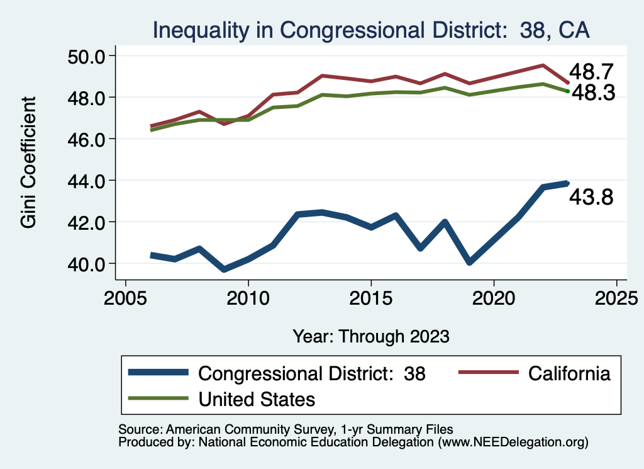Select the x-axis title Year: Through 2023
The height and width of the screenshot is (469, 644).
371,336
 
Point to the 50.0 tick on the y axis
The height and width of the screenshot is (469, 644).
85,56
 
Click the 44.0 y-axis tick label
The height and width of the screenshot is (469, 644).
85,181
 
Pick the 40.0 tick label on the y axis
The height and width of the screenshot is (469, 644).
85,263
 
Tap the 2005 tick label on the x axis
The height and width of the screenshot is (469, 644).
126,297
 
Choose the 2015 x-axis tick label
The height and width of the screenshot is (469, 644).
371,297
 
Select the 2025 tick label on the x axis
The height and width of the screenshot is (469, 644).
616,297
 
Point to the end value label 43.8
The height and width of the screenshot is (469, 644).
591,198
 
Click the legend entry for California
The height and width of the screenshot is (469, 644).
569,373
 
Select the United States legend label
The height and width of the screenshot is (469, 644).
257,399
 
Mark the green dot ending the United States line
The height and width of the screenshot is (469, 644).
567,91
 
